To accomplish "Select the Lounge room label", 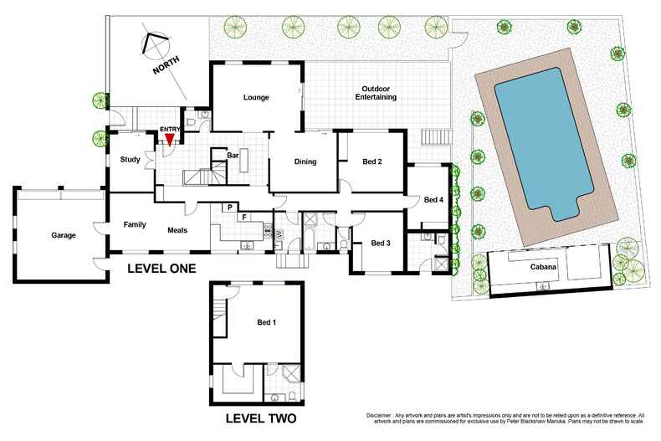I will coord(255,97).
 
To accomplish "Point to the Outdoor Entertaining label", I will coord(378,93).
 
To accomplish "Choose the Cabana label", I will coord(544,268).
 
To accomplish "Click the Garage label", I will coord(62,235).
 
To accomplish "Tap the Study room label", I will coord(130,159).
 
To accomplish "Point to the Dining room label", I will coord(304,162).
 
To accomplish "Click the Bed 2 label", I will coord(372,162).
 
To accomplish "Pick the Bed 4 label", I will coord(433,200).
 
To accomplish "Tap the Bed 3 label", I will coord(382,243).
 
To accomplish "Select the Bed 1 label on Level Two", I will coord(266,322).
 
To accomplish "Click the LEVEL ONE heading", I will coord(161,269).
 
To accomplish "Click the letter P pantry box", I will coord(228,207).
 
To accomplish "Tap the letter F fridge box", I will coord(243,218).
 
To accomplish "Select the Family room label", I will coord(135,224).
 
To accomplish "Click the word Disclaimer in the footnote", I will coord(383,415).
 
